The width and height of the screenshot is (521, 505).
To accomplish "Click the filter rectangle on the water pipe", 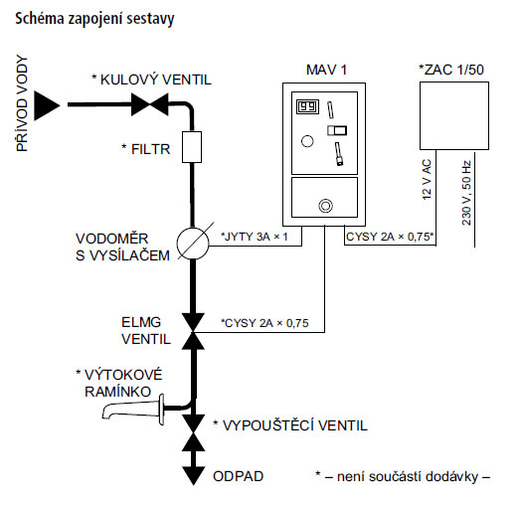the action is (192, 147).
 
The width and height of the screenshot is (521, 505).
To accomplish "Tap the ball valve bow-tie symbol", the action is (150, 104).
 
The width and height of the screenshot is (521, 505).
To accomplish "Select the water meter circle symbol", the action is (193, 244).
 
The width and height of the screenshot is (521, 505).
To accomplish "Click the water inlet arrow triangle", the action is (47, 105).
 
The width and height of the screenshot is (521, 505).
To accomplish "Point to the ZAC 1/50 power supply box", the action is (454, 116).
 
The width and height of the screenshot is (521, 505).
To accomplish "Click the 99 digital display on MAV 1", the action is (307, 106).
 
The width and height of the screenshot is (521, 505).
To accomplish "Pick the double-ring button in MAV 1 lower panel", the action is (326, 206).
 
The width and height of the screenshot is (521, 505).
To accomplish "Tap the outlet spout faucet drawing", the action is (133, 410).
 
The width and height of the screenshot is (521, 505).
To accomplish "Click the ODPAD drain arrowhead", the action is (193, 476).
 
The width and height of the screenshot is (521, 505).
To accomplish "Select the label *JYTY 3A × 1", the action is (255, 237).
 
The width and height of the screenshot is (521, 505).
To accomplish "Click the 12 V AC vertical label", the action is (427, 180).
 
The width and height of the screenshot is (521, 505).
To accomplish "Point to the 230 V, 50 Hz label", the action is (466, 193).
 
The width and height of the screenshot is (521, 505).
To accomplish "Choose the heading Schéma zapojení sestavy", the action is (94, 19).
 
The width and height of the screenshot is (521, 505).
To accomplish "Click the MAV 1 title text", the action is (326, 70).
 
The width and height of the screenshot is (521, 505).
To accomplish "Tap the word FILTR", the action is (150, 149).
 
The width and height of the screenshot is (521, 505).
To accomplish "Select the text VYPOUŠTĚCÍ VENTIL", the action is (294, 425).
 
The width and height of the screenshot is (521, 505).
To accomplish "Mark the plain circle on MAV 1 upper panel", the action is (307, 141).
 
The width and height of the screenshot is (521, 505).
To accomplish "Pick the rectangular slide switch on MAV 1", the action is (337, 130).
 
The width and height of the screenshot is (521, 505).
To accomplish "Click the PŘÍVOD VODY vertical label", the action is (22, 104).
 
